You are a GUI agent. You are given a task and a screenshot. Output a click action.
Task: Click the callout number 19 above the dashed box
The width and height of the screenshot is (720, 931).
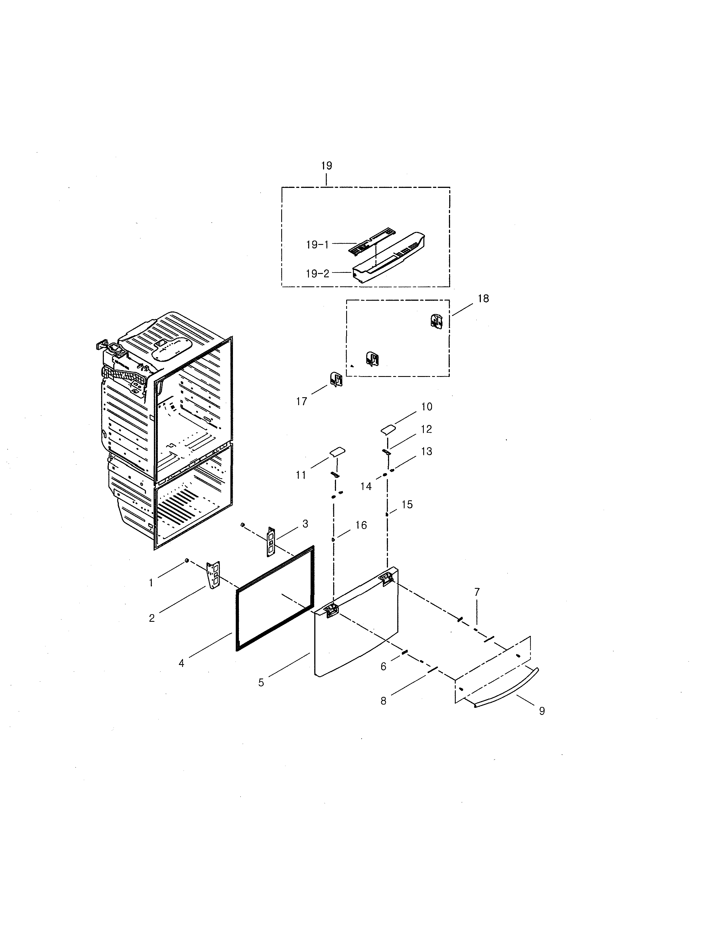[326, 166]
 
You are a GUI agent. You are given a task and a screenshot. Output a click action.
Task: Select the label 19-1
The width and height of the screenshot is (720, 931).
[317, 245]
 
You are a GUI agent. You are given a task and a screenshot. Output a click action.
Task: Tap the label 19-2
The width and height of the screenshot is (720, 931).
[317, 274]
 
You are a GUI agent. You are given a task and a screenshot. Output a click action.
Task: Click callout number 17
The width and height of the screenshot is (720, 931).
[302, 401]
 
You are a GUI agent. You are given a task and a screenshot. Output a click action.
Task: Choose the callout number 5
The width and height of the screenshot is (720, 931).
[261, 682]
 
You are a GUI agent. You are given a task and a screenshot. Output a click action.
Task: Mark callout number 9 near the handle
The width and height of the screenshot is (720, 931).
[542, 711]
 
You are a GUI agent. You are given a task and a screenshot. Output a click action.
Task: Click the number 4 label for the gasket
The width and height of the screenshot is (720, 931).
[181, 663]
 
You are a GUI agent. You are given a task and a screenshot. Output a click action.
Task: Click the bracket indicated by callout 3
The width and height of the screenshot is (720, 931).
[271, 541]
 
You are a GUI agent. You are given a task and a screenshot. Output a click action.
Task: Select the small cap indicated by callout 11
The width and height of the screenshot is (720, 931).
[337, 452]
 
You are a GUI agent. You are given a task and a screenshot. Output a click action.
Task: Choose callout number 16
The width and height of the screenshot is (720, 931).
[361, 526]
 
